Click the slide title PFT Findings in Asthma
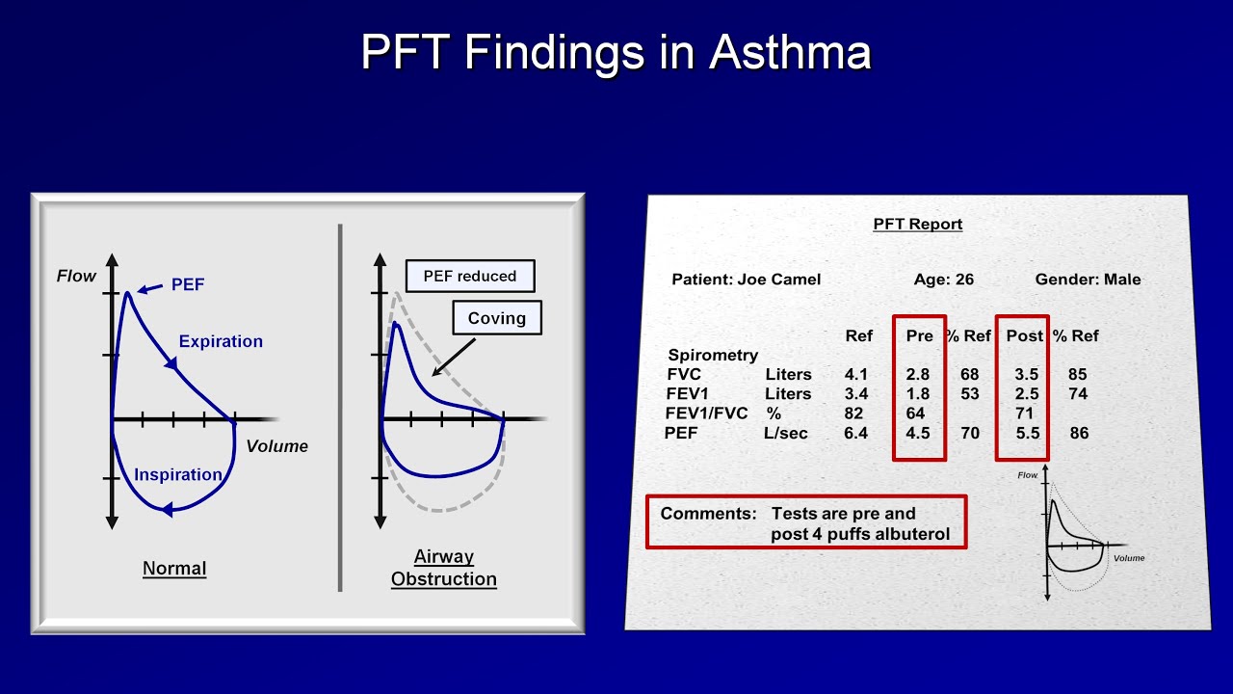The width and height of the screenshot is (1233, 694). point(616,51)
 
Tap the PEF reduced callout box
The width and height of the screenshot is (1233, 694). point(470,276)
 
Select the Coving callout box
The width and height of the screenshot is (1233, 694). point(497,318)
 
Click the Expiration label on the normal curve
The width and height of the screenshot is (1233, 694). point(221,341)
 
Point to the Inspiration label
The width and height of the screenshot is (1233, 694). point(178,474)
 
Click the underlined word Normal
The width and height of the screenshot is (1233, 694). point(174,568)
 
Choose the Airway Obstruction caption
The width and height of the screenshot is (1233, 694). point(444,568)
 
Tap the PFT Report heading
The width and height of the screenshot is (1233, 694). point(917,224)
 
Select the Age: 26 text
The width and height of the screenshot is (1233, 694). point(944,280)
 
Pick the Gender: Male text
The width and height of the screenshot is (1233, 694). point(1088,280)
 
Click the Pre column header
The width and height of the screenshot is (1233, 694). point(920,335)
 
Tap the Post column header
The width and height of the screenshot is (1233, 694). point(1024,335)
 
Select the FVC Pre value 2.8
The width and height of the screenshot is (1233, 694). point(918,374)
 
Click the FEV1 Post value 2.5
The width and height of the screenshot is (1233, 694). point(1028,393)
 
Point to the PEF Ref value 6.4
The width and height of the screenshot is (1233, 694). point(855,433)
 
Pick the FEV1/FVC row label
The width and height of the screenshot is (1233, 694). point(706,414)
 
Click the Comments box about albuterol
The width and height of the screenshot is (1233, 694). point(805,523)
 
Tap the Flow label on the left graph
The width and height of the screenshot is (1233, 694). point(76,277)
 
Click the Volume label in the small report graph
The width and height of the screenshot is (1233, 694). point(1129,558)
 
